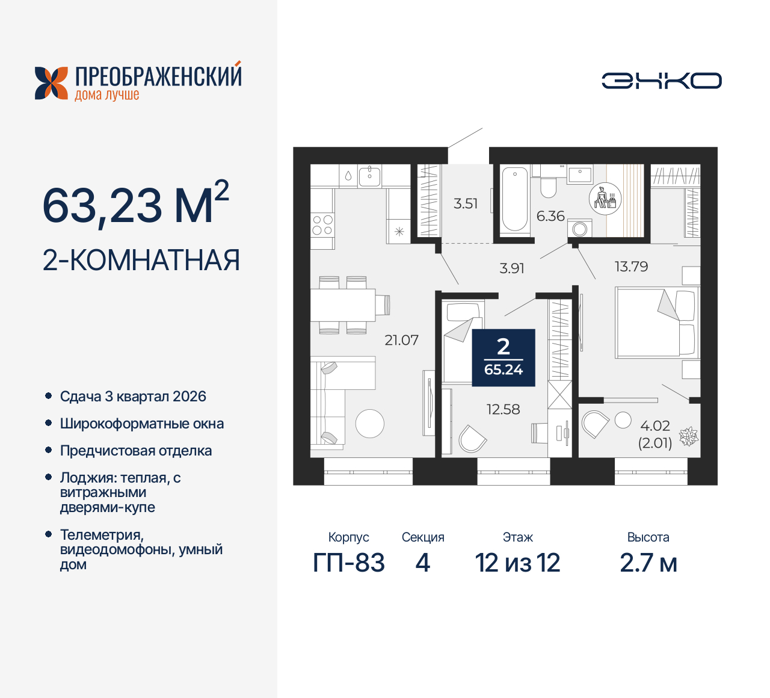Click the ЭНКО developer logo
point(661,81)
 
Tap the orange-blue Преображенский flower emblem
point(51,83)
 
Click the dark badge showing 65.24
point(504,357)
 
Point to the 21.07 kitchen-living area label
point(401,340)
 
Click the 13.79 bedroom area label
point(631,267)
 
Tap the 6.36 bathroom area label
point(550,216)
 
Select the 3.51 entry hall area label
point(466,203)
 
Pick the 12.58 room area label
point(503,409)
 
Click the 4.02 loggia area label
point(655,426)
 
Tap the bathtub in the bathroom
point(514,199)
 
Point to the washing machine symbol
point(580,229)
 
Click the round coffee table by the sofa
point(369,424)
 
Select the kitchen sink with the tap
point(369,176)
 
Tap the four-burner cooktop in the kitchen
point(322,225)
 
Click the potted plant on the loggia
point(688,436)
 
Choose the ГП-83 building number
point(349,563)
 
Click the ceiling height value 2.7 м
point(648,563)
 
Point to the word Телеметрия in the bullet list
point(102,534)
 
